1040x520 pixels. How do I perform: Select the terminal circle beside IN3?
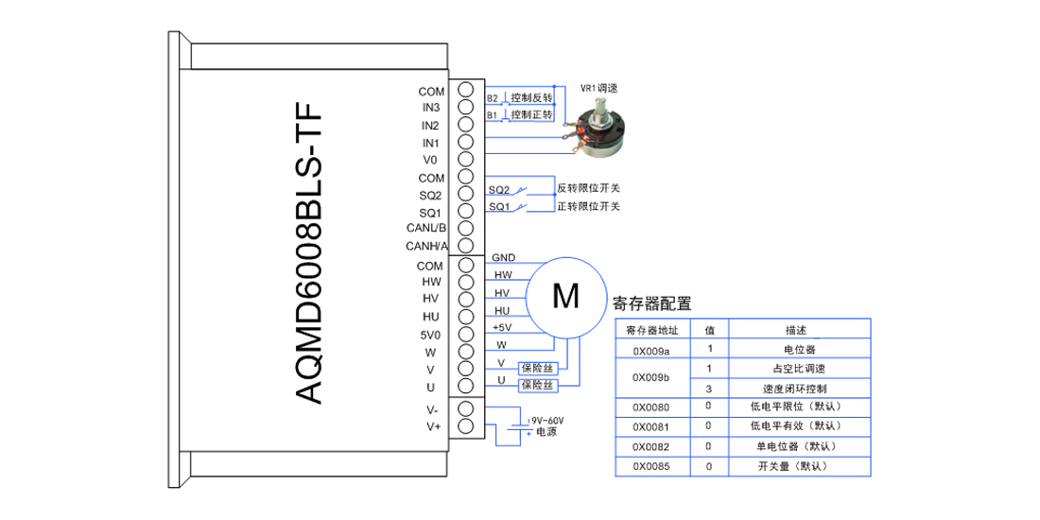pyautogui.click(x=466, y=108)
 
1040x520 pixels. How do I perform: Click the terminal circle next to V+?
pyautogui.click(x=466, y=425)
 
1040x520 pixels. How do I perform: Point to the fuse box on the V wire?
pyautogui.click(x=539, y=368)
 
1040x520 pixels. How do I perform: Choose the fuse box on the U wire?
pyautogui.click(x=539, y=386)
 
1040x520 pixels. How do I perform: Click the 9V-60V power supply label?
pyautogui.click(x=547, y=421)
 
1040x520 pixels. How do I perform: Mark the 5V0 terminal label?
pyautogui.click(x=431, y=335)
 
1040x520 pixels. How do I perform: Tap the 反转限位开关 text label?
pyautogui.click(x=588, y=188)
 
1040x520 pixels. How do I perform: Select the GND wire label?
pyautogui.click(x=503, y=257)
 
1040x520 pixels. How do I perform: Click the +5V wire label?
pyautogui.click(x=502, y=328)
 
